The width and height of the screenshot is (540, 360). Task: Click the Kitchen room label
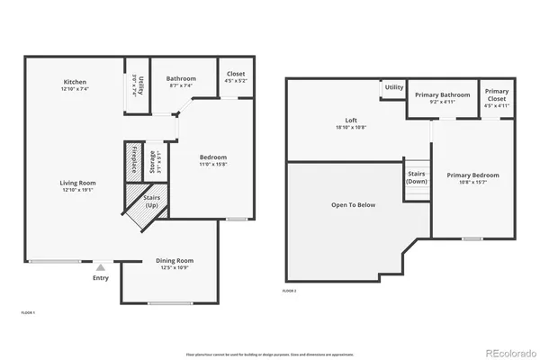pos(75,82)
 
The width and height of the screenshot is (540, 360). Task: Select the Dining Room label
pos(170,260)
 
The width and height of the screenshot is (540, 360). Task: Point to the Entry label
pos(100,278)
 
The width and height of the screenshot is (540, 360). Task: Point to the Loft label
pos(352,121)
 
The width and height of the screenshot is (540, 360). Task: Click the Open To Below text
pos(353,205)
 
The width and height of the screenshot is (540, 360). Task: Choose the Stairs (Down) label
pos(417,176)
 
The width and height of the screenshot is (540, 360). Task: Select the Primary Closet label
pos(497,95)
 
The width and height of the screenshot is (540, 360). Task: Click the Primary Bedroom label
pos(472,175)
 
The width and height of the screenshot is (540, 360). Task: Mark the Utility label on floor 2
pos(393,87)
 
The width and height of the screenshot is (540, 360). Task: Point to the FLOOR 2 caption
pos(289,291)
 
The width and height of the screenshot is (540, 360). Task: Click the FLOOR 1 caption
pos(28,311)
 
